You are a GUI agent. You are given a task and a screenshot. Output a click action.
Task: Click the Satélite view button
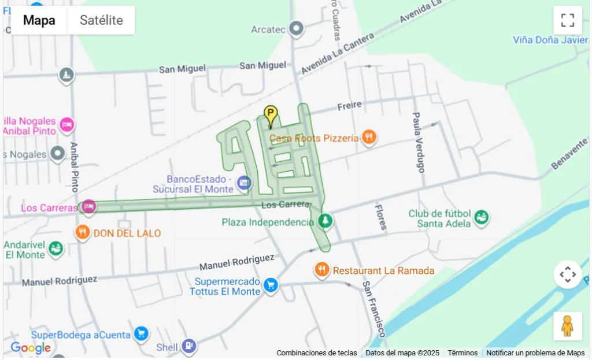[101, 20]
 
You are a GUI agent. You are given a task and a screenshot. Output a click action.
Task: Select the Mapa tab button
[39, 20]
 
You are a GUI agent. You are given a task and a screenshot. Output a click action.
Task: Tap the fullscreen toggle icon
[567, 20]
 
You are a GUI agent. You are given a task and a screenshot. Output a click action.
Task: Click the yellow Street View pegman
[567, 326]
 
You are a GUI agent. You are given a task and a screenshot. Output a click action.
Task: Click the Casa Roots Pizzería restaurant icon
[369, 138]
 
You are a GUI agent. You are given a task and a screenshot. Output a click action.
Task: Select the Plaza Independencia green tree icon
[325, 221]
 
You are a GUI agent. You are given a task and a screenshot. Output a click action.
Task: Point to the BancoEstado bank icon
[244, 183]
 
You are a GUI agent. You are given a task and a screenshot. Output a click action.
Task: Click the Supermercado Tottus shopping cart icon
[271, 284]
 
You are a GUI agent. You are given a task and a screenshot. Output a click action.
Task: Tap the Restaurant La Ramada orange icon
[322, 269]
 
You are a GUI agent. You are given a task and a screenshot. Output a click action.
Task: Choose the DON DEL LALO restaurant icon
[83, 233]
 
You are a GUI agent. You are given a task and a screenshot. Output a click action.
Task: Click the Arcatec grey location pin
[297, 28]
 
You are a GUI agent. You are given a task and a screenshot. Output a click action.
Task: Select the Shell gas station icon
[189, 346]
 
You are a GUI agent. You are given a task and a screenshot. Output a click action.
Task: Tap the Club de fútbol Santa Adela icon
[481, 218]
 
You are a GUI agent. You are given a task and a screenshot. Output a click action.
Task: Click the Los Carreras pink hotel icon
[88, 206]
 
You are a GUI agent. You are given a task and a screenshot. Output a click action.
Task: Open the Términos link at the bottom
[462, 352]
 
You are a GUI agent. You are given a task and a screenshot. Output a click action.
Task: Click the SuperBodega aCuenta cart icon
[140, 333]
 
